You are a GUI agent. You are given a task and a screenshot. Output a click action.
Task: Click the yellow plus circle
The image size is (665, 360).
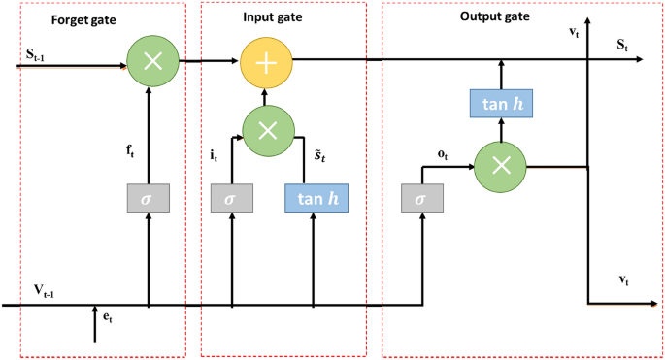(x=264, y=61)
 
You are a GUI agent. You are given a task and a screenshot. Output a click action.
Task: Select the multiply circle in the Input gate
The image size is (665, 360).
(x=268, y=131)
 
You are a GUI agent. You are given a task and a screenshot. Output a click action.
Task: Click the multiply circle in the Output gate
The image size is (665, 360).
(x=500, y=166)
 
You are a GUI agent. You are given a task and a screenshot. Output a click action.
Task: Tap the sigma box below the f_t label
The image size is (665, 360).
(x=148, y=198)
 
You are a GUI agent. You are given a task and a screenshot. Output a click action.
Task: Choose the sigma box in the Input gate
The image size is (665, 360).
(x=231, y=198)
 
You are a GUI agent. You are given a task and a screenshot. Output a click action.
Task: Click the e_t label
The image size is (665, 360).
(x=109, y=316)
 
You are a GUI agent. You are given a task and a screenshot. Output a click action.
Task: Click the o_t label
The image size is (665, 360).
(x=442, y=152)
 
